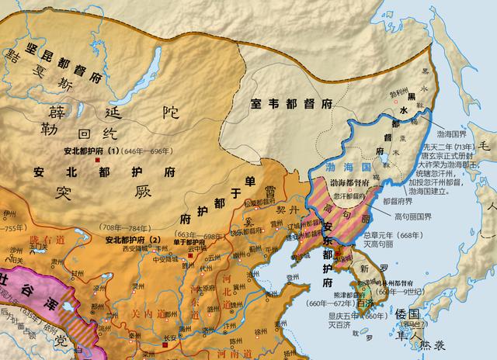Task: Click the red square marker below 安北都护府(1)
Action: pos(96,160)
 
